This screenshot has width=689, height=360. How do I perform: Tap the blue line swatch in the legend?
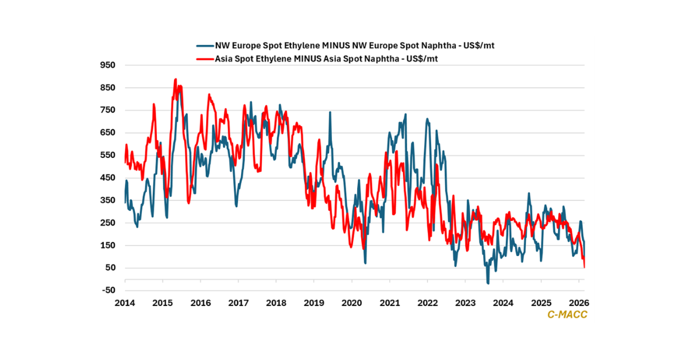click(x=204, y=45)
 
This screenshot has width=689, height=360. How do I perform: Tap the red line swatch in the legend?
click(x=204, y=59)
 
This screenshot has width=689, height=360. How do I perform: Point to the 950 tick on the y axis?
click(x=108, y=65)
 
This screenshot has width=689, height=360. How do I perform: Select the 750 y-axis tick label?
click(x=108, y=110)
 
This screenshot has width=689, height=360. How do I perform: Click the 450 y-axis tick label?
click(x=108, y=178)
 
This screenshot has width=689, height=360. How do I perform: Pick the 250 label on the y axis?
click(x=108, y=223)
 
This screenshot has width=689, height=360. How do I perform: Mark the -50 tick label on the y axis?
click(x=108, y=291)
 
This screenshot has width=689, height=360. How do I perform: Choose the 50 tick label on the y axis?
click(x=110, y=268)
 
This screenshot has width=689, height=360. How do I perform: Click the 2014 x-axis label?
click(x=125, y=303)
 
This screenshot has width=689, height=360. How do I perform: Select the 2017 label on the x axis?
click(x=238, y=303)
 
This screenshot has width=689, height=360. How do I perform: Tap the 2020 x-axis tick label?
click(x=351, y=303)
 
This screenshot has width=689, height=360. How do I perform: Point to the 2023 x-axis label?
click(x=465, y=303)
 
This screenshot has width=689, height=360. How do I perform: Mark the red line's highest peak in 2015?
click(x=176, y=79)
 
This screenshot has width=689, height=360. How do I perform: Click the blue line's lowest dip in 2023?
click(x=488, y=283)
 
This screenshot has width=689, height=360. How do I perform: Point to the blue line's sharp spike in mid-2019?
click(x=330, y=113)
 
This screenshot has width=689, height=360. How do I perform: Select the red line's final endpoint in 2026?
click(x=585, y=267)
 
